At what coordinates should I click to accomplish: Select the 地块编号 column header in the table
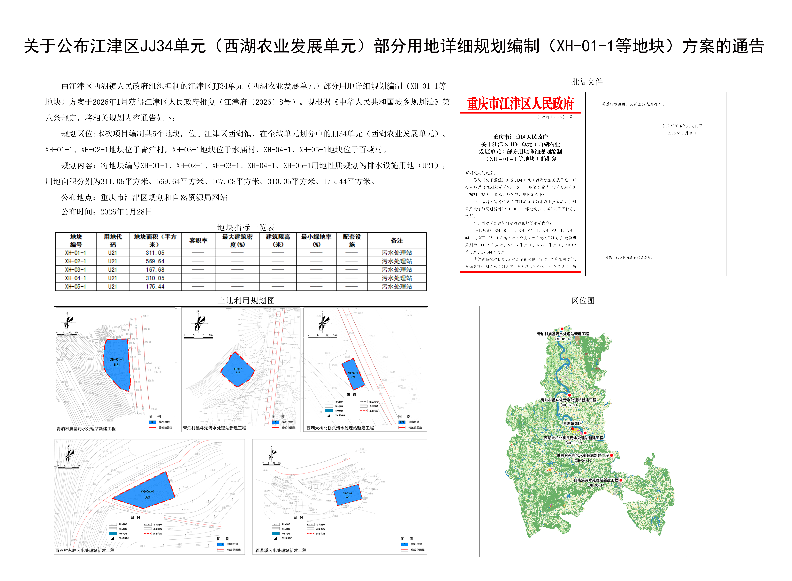click(76, 241)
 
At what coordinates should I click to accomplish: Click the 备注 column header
click(397, 241)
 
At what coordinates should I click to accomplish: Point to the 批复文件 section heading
click(587, 82)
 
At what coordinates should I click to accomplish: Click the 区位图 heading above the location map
click(583, 301)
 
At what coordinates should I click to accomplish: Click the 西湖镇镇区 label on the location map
click(572, 423)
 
